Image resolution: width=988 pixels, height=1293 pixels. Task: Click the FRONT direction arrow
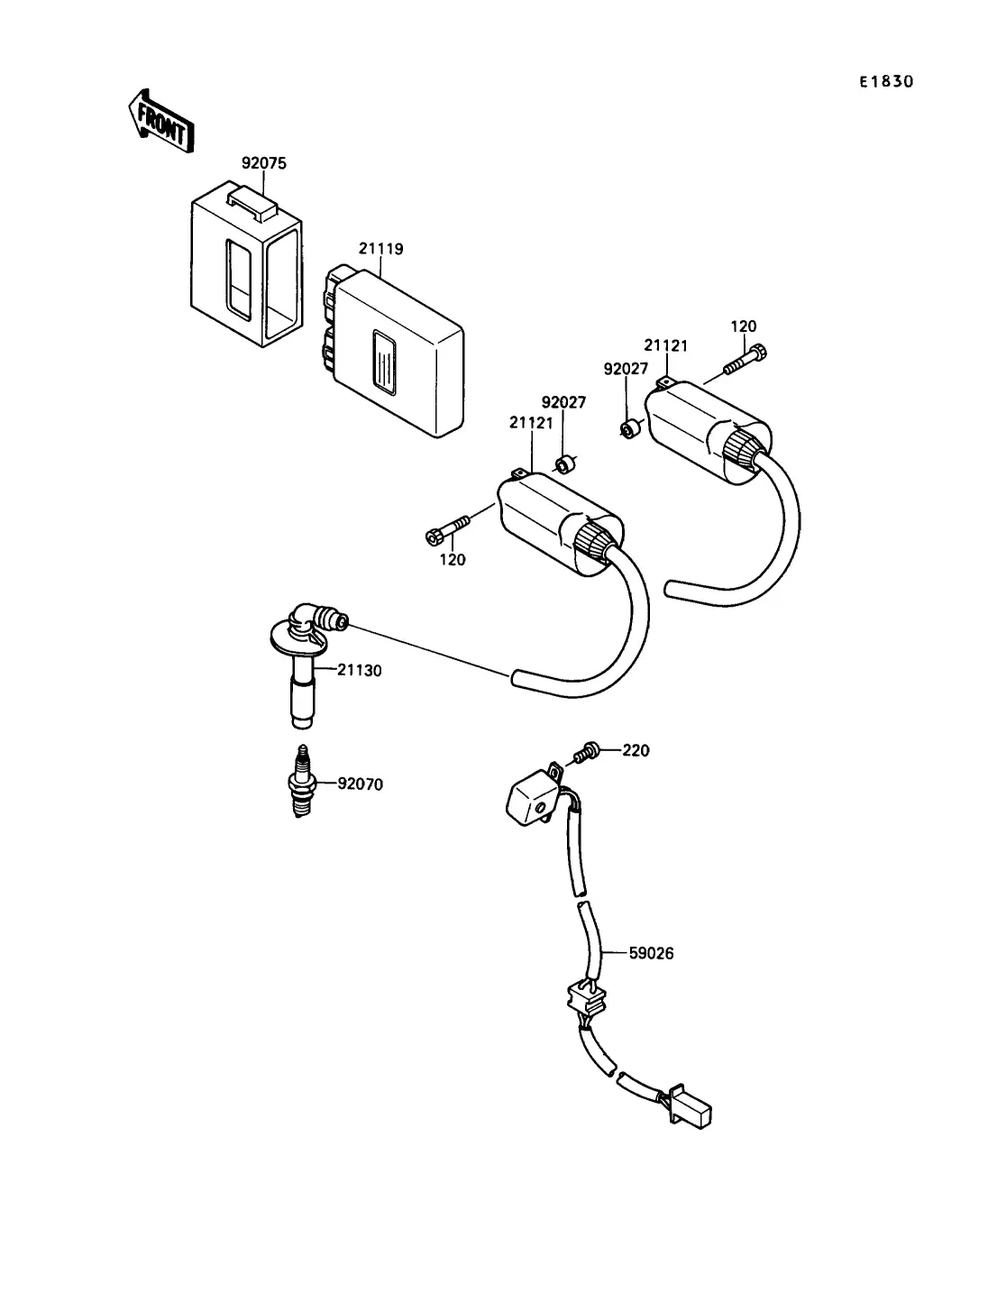[x=160, y=122]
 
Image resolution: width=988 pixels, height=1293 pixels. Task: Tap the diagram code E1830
[x=885, y=81]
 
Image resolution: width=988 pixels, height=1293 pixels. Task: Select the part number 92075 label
[x=264, y=163]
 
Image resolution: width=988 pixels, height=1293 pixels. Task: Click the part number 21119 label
[x=381, y=249]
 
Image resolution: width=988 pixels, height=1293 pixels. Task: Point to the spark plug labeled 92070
[x=302, y=781]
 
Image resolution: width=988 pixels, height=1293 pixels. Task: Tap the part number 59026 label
[x=651, y=953]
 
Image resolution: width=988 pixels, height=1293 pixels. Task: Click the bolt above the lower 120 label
[x=447, y=528]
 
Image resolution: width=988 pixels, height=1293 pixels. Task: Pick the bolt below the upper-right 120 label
[x=746, y=359]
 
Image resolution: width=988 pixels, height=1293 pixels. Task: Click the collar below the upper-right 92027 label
[x=631, y=429]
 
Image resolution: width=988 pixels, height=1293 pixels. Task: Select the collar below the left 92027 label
[x=566, y=464]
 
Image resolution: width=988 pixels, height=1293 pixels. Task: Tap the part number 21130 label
[x=359, y=670]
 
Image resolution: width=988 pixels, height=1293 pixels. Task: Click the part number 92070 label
[x=360, y=784]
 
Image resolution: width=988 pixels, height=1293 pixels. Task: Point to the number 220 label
[x=636, y=750]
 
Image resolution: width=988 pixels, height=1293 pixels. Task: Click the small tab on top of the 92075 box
[x=252, y=203]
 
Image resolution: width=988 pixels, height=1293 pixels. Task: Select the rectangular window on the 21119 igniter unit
[x=384, y=362]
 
